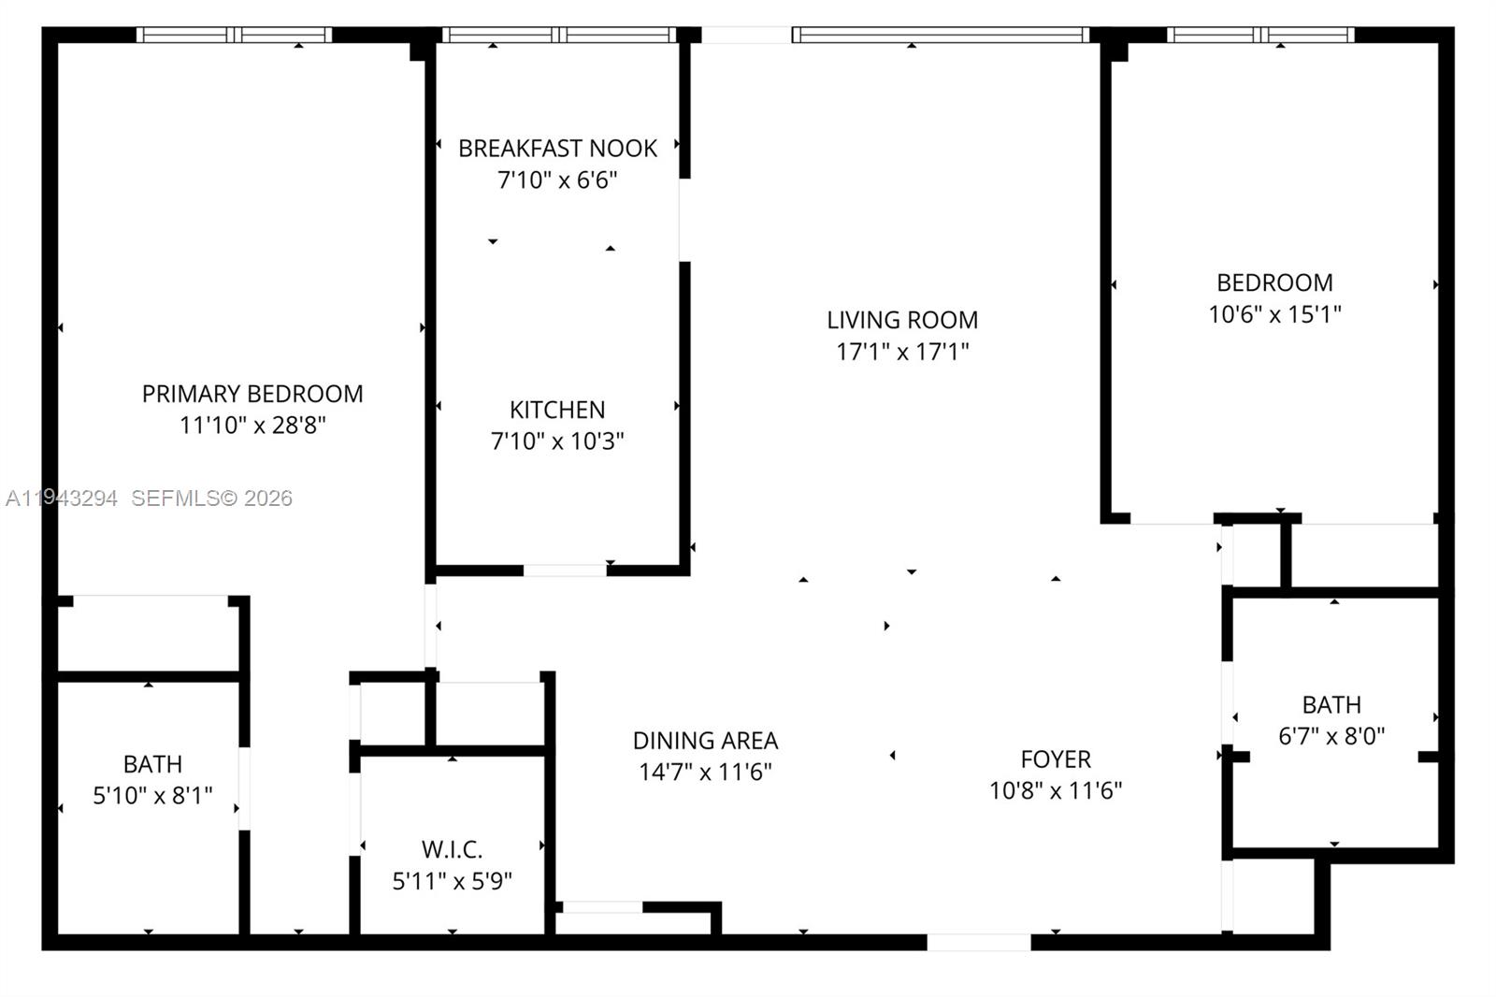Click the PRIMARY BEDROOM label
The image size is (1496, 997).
tap(252, 394)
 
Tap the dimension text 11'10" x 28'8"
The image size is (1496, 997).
tap(252, 426)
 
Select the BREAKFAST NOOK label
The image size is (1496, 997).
tap(557, 149)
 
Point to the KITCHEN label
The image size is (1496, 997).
tap(557, 410)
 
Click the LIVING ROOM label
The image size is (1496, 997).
tap(902, 320)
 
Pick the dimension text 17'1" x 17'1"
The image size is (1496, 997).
tap(902, 352)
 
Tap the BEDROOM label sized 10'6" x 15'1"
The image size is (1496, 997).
tap(1274, 282)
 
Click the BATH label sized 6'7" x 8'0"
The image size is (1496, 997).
tap(1331, 704)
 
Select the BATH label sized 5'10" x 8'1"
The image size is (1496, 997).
tap(152, 764)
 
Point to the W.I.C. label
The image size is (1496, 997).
tap(452, 849)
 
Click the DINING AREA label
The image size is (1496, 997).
tap(705, 741)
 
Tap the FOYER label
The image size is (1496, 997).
tap(1056, 759)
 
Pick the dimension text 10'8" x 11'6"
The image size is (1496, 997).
tap(1056, 791)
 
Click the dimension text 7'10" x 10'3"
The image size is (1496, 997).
tap(557, 441)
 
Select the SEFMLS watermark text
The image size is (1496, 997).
tap(211, 498)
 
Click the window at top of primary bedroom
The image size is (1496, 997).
tap(234, 36)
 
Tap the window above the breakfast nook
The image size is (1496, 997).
tap(559, 36)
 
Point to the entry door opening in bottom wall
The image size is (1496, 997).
tap(978, 942)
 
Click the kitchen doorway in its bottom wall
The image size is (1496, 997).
tap(565, 571)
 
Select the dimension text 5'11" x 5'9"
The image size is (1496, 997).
tap(452, 881)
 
